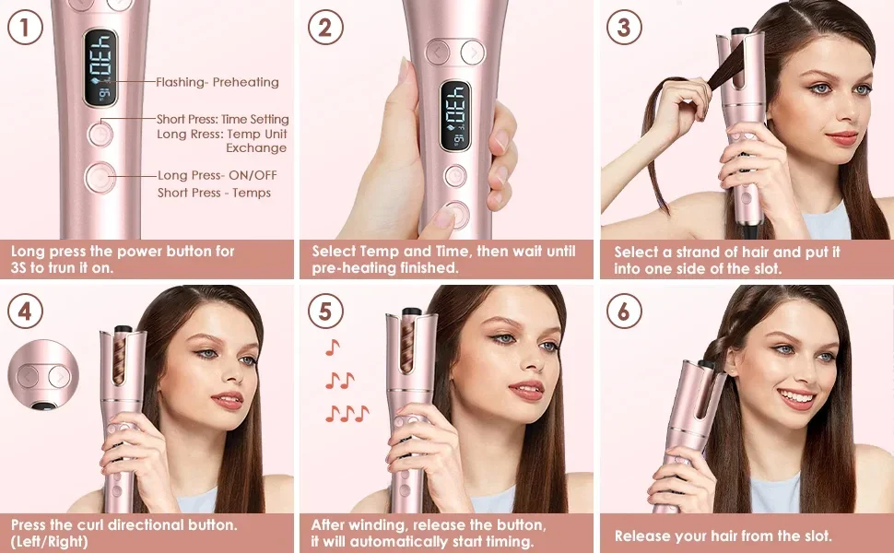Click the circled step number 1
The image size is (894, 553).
[x=25, y=28]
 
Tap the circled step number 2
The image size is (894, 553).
[x=325, y=28]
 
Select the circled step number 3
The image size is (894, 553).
[x=624, y=28]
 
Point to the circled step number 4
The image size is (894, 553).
[x=25, y=312]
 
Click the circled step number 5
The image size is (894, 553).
[x=325, y=312]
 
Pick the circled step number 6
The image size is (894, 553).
[x=624, y=312]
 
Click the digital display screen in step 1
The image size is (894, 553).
[x=100, y=68]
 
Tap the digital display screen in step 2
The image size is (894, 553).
[x=455, y=116]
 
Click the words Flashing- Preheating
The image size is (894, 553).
[x=218, y=82]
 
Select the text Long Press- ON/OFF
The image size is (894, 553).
[x=218, y=175]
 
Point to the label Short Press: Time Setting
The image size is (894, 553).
[x=223, y=119]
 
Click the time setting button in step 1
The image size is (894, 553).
[x=100, y=134]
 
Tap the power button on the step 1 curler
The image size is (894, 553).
[x=100, y=177]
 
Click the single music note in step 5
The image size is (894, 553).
[x=333, y=347]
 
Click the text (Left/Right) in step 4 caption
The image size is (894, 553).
[x=50, y=541]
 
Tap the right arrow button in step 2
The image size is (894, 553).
[x=473, y=53]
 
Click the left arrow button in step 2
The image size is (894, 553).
[x=438, y=53]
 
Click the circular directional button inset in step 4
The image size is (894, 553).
[x=43, y=375]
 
